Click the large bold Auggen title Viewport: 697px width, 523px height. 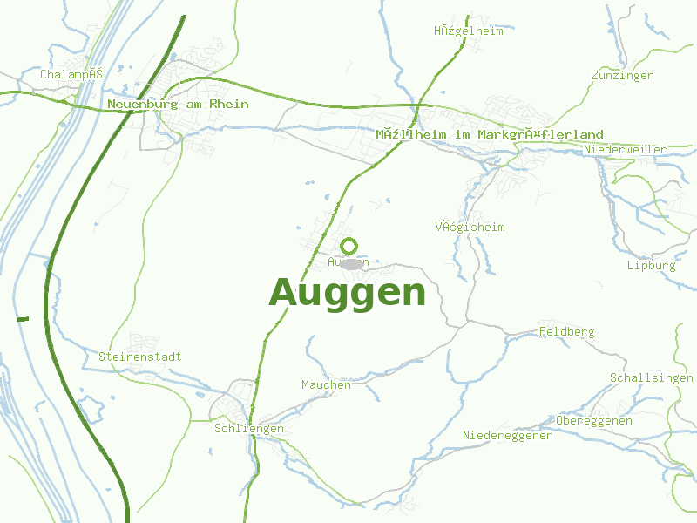point(348,293)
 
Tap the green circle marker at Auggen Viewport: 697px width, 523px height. point(349,246)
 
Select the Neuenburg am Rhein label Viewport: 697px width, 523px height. point(178,104)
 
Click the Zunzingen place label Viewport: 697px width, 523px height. point(622,76)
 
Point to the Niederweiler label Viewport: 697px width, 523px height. point(626,150)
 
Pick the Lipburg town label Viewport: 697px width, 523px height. point(651,266)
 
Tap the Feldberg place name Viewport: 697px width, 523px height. point(566,332)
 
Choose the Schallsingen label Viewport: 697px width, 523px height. point(652,378)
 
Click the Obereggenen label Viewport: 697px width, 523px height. point(594,421)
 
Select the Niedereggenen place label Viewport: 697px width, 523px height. point(508,436)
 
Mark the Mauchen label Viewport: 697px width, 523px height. point(326,385)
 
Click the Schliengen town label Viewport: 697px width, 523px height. point(249,429)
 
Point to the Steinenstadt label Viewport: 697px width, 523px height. point(140,357)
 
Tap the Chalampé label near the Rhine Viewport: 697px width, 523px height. point(71,74)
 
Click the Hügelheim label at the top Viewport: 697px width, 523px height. point(469,31)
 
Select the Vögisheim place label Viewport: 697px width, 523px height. point(470,228)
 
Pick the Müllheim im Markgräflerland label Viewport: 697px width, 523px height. point(490,135)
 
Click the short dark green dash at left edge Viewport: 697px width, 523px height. point(23,319)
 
